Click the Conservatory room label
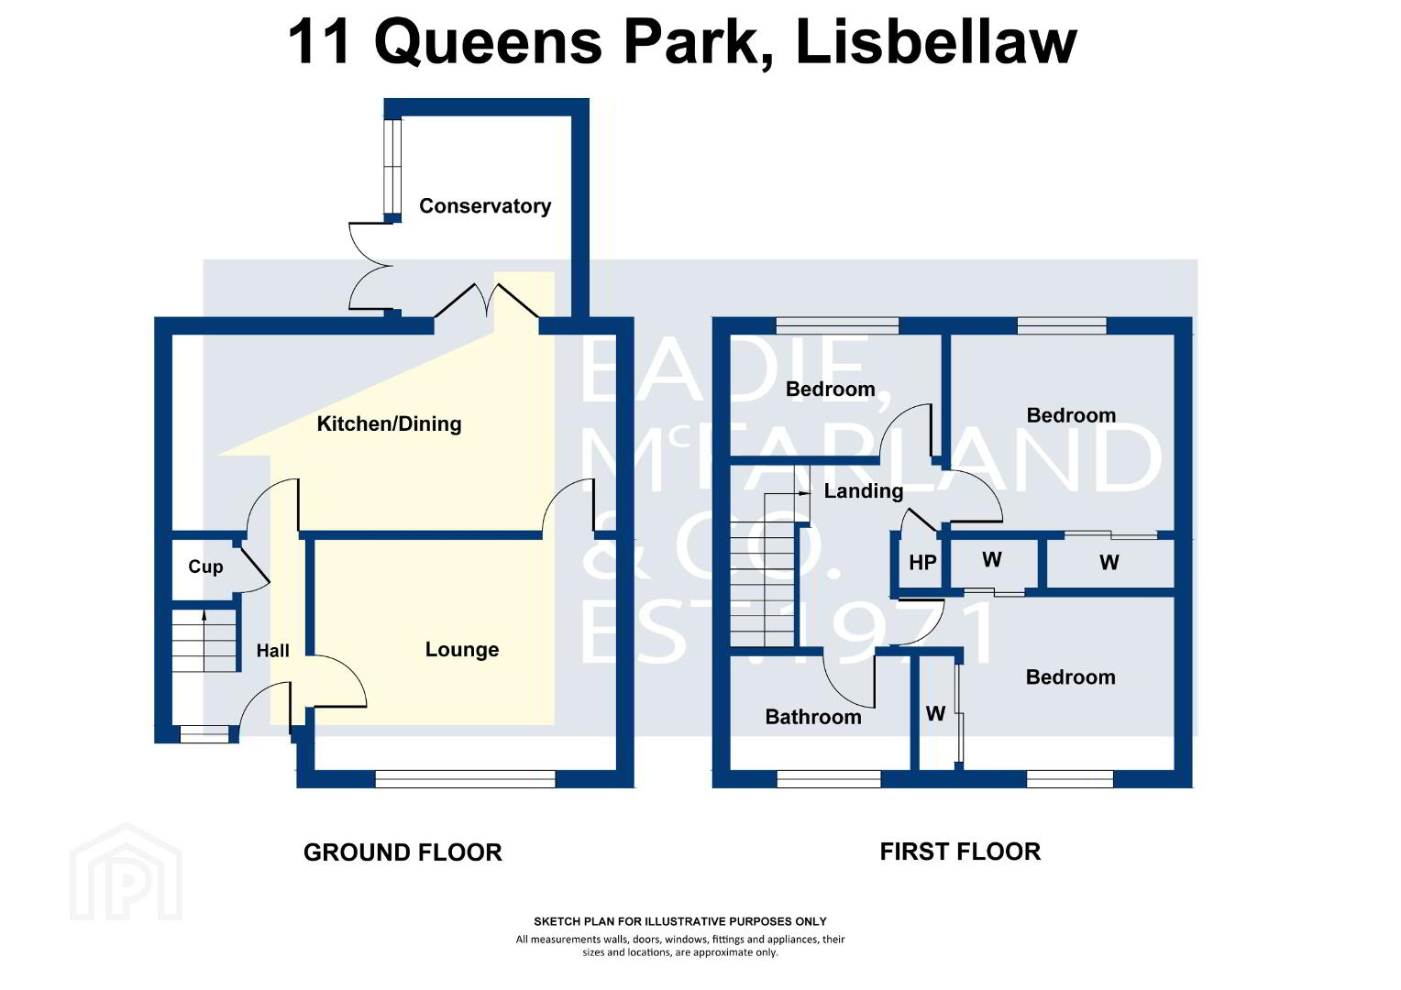(x=485, y=205)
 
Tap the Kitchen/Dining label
(x=389, y=423)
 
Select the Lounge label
(x=462, y=649)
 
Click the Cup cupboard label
(x=205, y=566)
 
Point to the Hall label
(x=272, y=651)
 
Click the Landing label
(x=863, y=491)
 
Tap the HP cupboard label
(x=922, y=563)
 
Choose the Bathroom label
(x=813, y=717)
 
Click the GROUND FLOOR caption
(x=403, y=852)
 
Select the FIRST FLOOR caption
(x=960, y=852)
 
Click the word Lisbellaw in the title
(x=936, y=42)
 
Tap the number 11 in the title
(x=318, y=42)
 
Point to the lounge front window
(x=466, y=778)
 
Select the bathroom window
(x=829, y=778)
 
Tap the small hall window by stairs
(x=204, y=733)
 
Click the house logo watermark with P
(x=126, y=872)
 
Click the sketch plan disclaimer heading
(x=679, y=921)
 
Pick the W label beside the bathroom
(x=935, y=713)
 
